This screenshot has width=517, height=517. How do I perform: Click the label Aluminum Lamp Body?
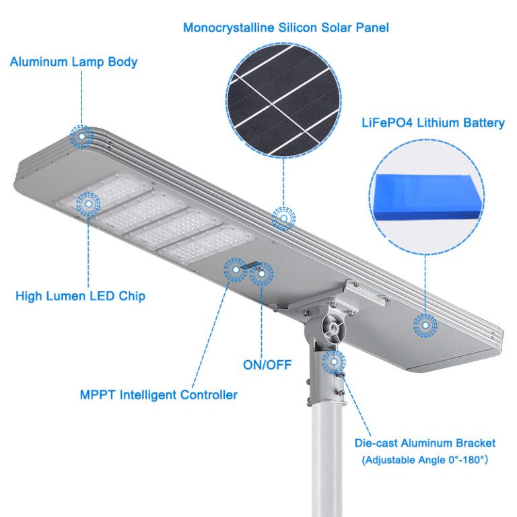73,62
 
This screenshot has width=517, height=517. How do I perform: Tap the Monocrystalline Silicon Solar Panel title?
286,28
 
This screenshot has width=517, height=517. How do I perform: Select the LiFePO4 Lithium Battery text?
442,123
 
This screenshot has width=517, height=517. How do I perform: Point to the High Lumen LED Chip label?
80,296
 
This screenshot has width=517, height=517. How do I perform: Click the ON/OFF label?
267,365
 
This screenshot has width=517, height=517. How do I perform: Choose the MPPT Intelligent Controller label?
158,394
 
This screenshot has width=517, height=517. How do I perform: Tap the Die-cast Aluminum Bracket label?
425,443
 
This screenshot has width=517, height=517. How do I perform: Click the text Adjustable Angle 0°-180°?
425,460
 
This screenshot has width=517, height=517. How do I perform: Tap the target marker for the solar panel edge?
283,218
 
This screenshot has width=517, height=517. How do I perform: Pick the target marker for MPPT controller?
236,270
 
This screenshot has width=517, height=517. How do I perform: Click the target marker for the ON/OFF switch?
260,274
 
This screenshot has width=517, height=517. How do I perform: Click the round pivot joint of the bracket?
332,327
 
